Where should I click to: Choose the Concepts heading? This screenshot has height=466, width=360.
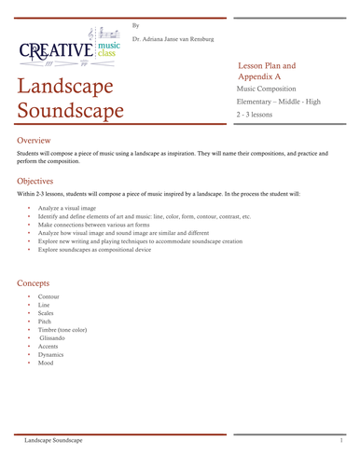click(36, 281)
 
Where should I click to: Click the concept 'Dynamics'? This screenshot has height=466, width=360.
click(51, 354)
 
